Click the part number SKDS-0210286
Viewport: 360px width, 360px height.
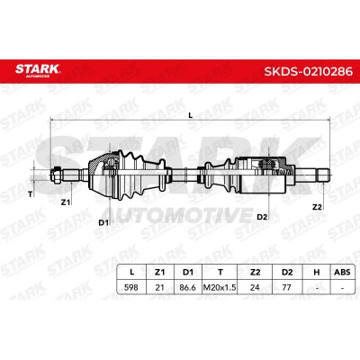click(x=308, y=72)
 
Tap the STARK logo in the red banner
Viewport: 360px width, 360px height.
click(x=38, y=70)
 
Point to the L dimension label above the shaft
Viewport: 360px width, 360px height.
click(x=191, y=114)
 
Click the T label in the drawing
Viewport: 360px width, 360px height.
click(x=30, y=194)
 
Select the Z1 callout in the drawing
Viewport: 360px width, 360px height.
click(x=66, y=202)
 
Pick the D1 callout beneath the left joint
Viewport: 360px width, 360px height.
click(x=103, y=222)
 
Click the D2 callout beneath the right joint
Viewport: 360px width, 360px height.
click(x=262, y=217)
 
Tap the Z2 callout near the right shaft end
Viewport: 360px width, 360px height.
click(x=317, y=207)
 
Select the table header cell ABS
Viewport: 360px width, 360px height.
click(x=342, y=272)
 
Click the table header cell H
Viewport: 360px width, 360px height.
click(x=317, y=272)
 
